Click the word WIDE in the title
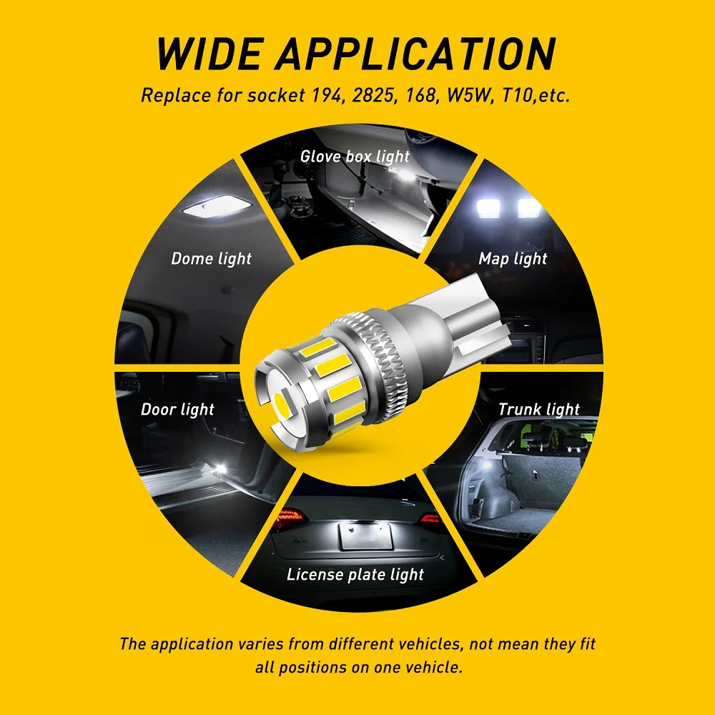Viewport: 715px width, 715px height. click(x=209, y=54)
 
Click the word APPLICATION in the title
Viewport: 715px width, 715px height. click(x=415, y=54)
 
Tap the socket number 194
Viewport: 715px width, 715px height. click(x=327, y=95)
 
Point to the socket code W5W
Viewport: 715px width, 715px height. click(x=470, y=95)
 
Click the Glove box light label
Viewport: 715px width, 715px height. click(x=355, y=157)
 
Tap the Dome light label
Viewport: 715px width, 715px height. click(x=211, y=259)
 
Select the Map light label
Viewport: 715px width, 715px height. click(x=513, y=259)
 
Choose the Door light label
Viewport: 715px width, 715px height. click(x=177, y=410)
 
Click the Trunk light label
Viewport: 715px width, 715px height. click(x=539, y=410)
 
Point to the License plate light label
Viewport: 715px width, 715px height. click(x=355, y=575)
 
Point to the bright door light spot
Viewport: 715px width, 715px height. click(x=221, y=468)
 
